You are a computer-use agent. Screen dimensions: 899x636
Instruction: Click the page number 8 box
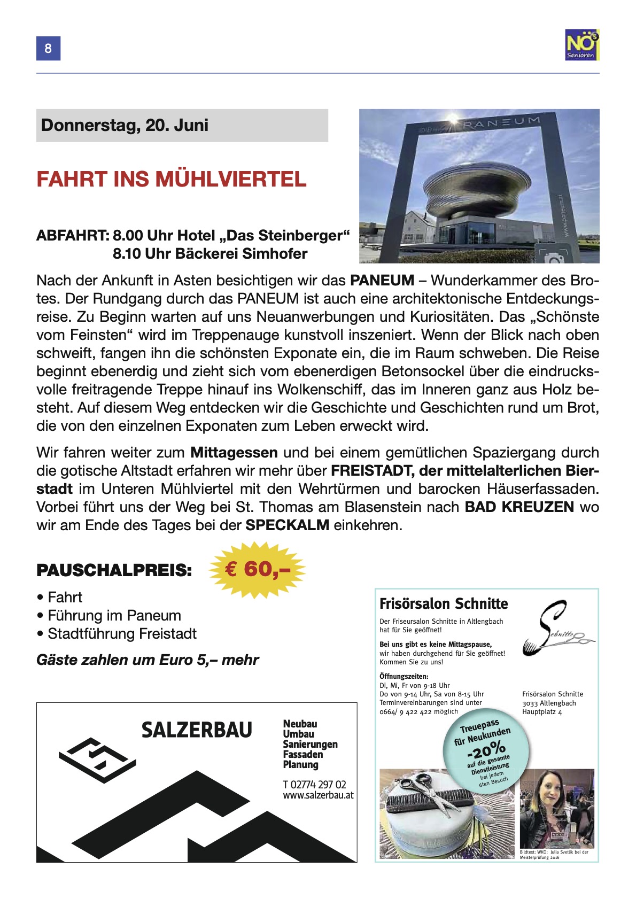48,49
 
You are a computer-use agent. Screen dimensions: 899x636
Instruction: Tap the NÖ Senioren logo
582,44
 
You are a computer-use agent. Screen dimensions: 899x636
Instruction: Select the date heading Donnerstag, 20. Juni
125,126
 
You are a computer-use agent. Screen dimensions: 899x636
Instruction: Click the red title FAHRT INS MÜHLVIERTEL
172,179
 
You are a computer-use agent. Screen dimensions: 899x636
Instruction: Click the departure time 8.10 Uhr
141,253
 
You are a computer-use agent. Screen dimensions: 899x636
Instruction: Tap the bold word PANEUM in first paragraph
382,280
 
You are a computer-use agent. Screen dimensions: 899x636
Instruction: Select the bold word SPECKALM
287,525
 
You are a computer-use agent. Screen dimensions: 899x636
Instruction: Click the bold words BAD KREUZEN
519,507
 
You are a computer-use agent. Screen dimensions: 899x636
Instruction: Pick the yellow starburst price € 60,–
258,570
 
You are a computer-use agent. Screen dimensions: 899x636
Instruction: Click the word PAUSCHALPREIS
114,570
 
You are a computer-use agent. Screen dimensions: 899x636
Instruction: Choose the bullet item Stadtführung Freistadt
122,633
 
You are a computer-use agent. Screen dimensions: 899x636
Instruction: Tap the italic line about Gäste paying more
147,660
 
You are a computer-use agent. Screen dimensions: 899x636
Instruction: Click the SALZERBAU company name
197,730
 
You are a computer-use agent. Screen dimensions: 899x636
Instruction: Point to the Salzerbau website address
318,795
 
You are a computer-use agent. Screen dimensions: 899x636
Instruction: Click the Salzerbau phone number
314,785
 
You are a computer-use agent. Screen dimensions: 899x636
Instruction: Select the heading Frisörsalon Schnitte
444,604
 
